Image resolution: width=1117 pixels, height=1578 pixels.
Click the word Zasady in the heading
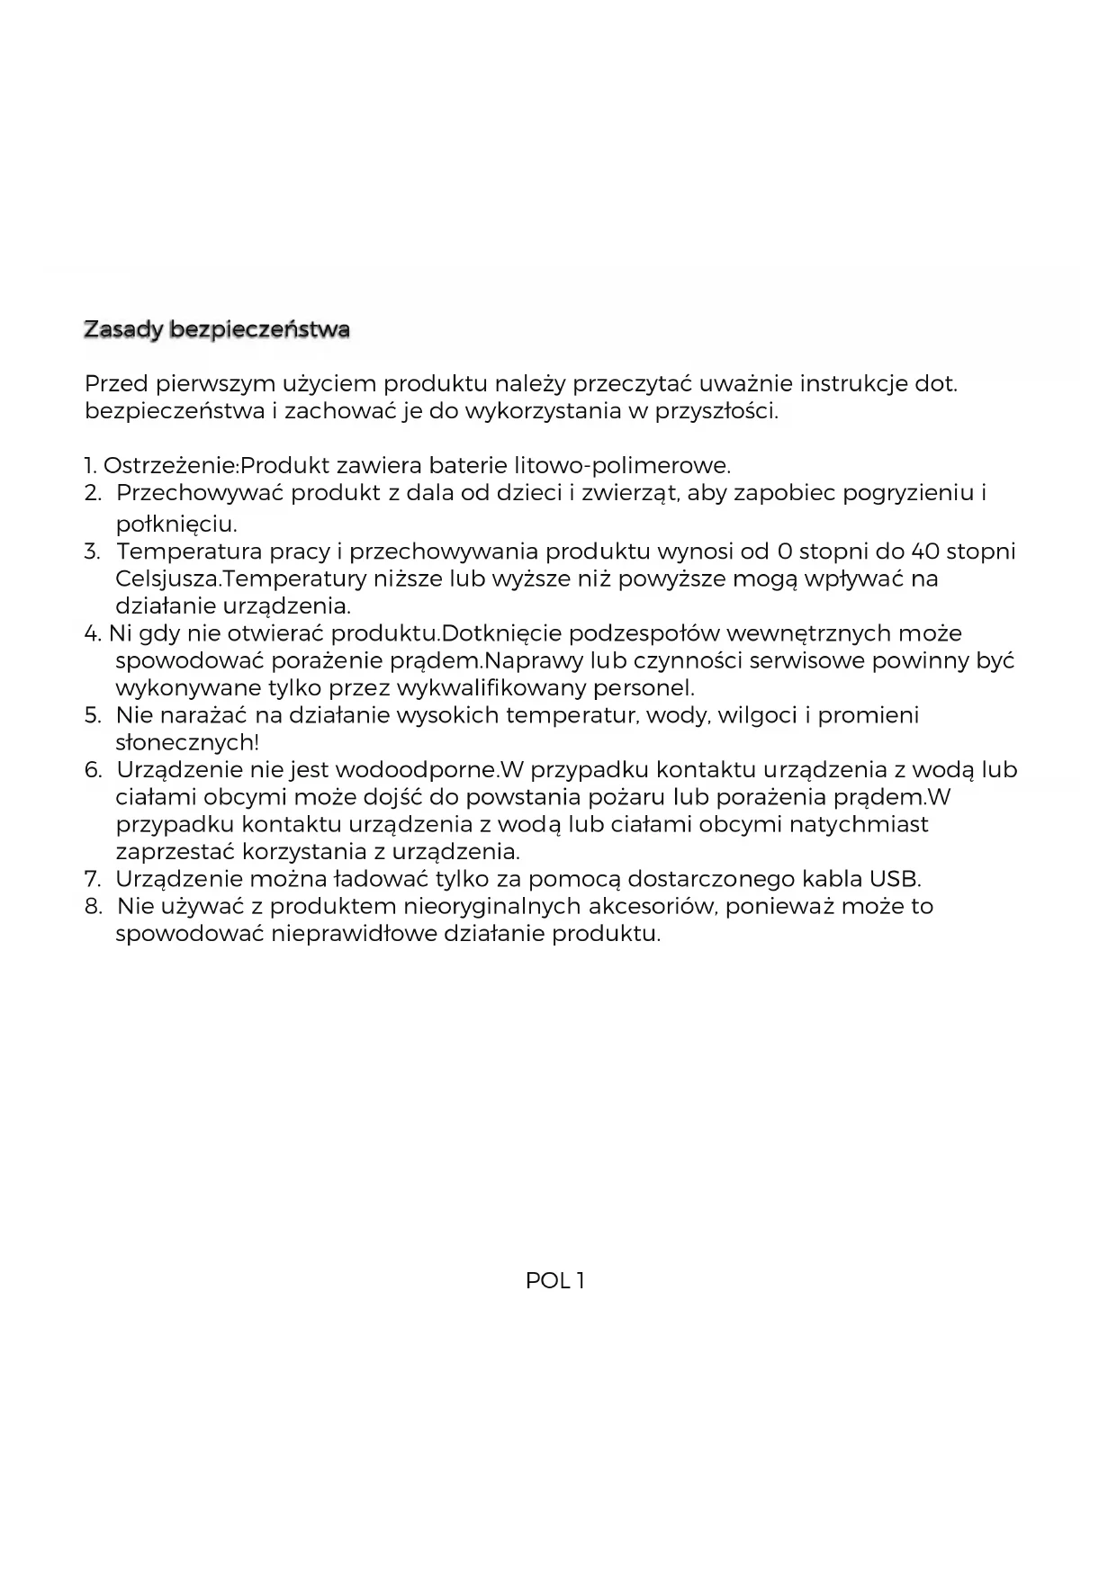coord(123,330)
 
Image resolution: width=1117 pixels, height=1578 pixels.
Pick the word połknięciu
coord(176,524)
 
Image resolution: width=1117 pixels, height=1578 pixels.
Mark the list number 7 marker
coord(92,879)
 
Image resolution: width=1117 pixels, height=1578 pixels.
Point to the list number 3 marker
coord(92,551)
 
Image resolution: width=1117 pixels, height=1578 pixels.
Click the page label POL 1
coord(555,1281)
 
